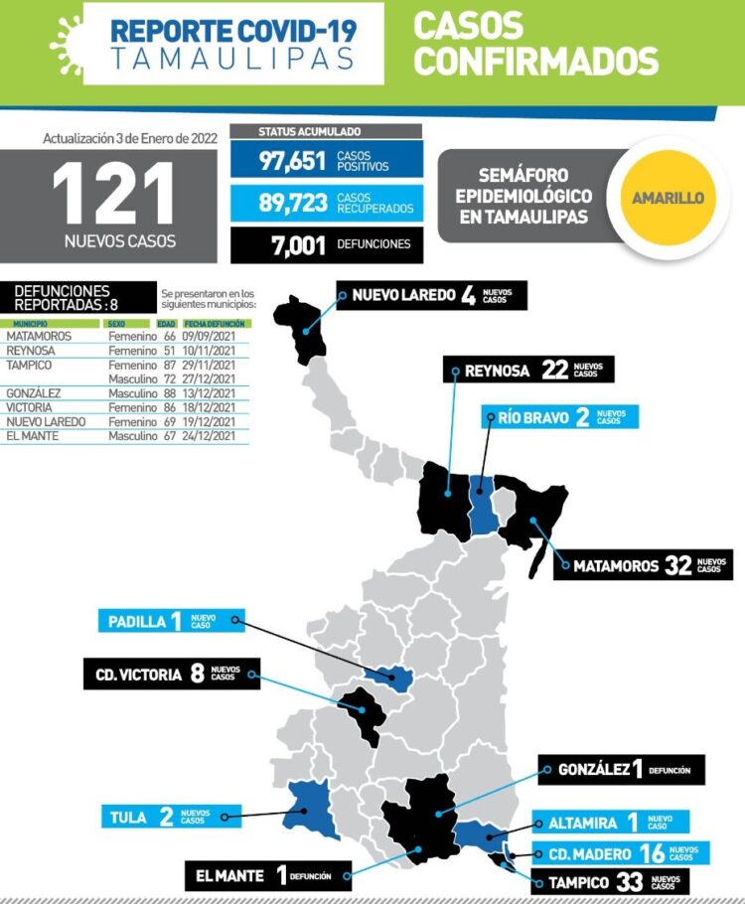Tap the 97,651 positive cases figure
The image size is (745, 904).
point(293,161)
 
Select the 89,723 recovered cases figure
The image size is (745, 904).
point(293,203)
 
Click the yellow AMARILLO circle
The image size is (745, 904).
point(668,198)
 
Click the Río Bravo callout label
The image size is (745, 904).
point(559,416)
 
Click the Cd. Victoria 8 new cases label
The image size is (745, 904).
point(171,674)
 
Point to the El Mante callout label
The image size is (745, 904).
point(253,875)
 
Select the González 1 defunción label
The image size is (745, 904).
point(621,769)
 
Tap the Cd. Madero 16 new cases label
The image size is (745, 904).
point(616,853)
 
